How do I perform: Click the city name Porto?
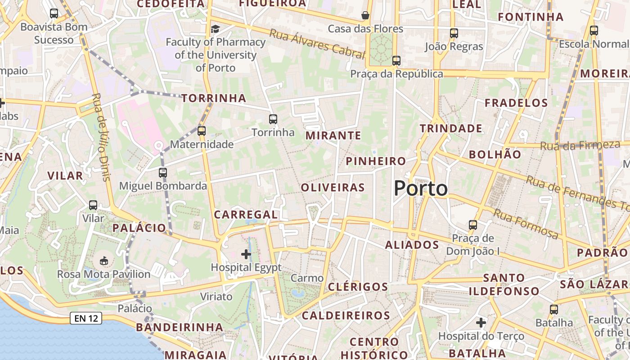pos(421,188)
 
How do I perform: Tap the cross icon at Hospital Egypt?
pos(246,254)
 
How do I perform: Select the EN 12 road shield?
pos(86,319)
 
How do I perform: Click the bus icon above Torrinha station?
pos(273,119)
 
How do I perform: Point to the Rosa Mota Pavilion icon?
pos(104,261)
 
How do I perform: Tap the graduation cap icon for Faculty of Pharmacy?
pos(215,29)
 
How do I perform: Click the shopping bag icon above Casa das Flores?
pos(365,15)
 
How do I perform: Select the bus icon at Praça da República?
pos(396,60)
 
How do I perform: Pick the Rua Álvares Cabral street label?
pos(317,44)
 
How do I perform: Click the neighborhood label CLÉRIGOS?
pos(358,287)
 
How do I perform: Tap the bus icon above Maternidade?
pos(201,131)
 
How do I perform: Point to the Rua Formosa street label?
pos(526,224)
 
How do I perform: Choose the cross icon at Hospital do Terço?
pos(481,323)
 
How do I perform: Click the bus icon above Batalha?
pos(553,310)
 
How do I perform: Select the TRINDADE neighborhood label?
pos(451,129)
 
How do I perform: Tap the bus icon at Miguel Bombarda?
pos(162,172)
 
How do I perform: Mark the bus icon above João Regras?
pos(454,33)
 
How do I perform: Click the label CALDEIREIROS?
pos(346,315)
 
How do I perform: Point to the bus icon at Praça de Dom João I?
pos(472,225)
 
